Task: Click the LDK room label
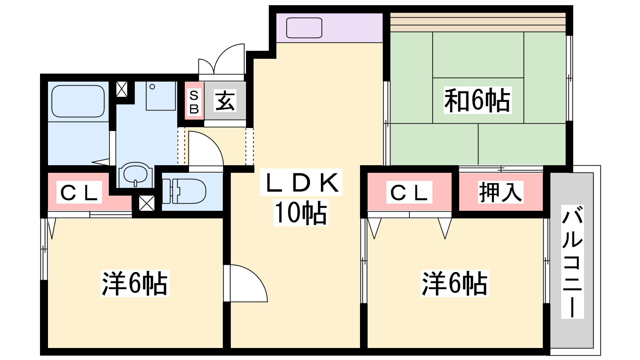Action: [301, 182]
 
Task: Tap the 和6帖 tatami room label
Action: [477, 100]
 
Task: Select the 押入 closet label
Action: [500, 192]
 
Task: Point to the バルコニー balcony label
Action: [572, 262]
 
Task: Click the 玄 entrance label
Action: [225, 100]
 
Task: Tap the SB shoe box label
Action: [194, 102]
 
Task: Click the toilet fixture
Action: [184, 191]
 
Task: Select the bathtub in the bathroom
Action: [78, 101]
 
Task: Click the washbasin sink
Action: [135, 175]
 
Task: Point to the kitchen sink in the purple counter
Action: [304, 28]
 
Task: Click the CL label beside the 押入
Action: [409, 192]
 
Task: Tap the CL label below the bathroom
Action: [79, 192]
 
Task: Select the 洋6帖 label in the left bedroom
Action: [135, 284]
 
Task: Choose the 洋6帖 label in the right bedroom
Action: [455, 284]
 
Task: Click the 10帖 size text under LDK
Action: [300, 212]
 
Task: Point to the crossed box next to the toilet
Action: [146, 203]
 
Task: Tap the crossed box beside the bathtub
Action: [122, 89]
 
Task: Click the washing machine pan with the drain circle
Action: [160, 96]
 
